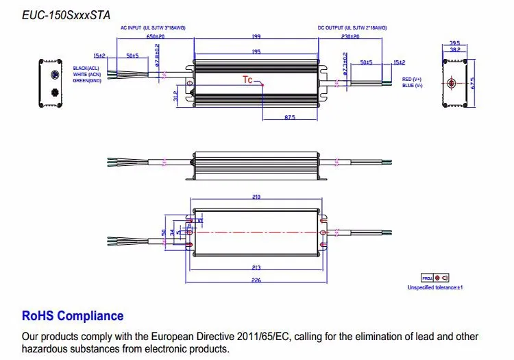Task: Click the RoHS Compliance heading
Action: click(x=73, y=316)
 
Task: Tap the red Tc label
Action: click(x=247, y=80)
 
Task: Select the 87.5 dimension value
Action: click(x=289, y=118)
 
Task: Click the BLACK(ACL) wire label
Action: click(x=86, y=69)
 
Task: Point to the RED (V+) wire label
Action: click(x=413, y=80)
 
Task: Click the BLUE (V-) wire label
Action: click(x=412, y=86)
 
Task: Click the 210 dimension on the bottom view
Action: click(x=256, y=197)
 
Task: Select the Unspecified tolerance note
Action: click(x=436, y=287)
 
